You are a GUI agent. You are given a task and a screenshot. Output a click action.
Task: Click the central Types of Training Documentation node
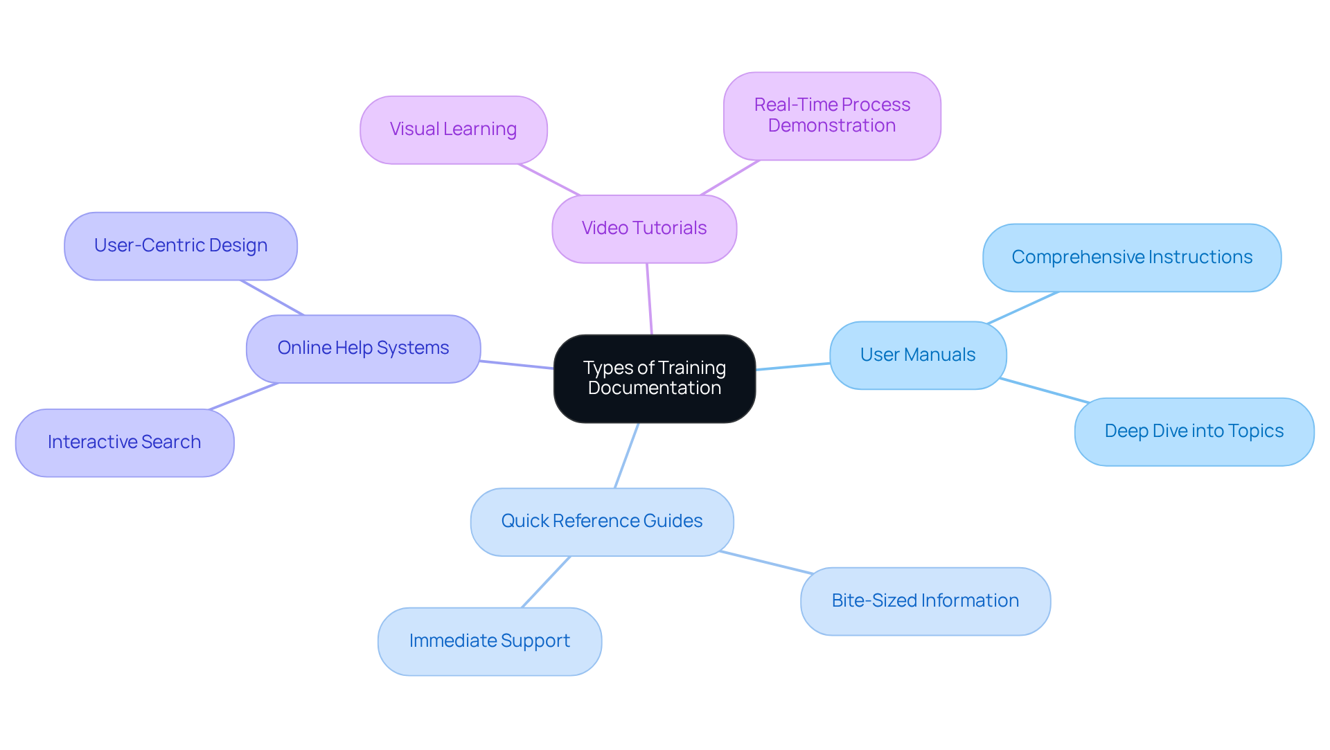[x=654, y=378]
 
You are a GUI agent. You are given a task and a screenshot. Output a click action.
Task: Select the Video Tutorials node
[x=644, y=229]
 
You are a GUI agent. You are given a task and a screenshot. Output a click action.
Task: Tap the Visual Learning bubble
[x=453, y=130]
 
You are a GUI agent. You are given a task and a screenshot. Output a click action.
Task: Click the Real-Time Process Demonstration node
[x=831, y=116]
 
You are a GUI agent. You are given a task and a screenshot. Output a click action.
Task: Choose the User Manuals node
[x=917, y=355]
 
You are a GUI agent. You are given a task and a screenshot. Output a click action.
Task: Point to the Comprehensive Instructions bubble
[x=1131, y=257]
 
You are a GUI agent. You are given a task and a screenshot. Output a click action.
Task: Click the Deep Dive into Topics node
[x=1194, y=431]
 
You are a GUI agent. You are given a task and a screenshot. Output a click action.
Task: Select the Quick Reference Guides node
[x=601, y=521]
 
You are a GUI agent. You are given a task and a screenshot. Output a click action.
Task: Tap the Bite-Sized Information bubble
[x=925, y=601]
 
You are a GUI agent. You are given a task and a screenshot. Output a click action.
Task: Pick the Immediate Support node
[x=489, y=641]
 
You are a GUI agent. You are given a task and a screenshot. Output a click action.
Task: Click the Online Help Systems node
[x=363, y=348]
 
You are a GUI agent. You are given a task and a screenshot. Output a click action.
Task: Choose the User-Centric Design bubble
[x=180, y=246]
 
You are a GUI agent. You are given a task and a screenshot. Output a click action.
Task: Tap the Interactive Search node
[x=124, y=443]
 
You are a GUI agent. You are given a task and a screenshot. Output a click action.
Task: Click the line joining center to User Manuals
[x=792, y=366]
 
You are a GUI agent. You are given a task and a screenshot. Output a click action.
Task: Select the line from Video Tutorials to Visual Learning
[x=549, y=179]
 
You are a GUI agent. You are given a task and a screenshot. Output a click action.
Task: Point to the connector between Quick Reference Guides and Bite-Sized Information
[x=765, y=562]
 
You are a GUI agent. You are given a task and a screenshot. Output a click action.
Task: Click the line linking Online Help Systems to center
[x=517, y=364]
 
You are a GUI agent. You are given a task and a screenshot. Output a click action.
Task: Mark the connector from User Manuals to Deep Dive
[x=1044, y=391]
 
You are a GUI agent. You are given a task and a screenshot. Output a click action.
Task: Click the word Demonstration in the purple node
[x=831, y=126]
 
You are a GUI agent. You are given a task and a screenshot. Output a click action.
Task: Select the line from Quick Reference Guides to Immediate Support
[x=546, y=582]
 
